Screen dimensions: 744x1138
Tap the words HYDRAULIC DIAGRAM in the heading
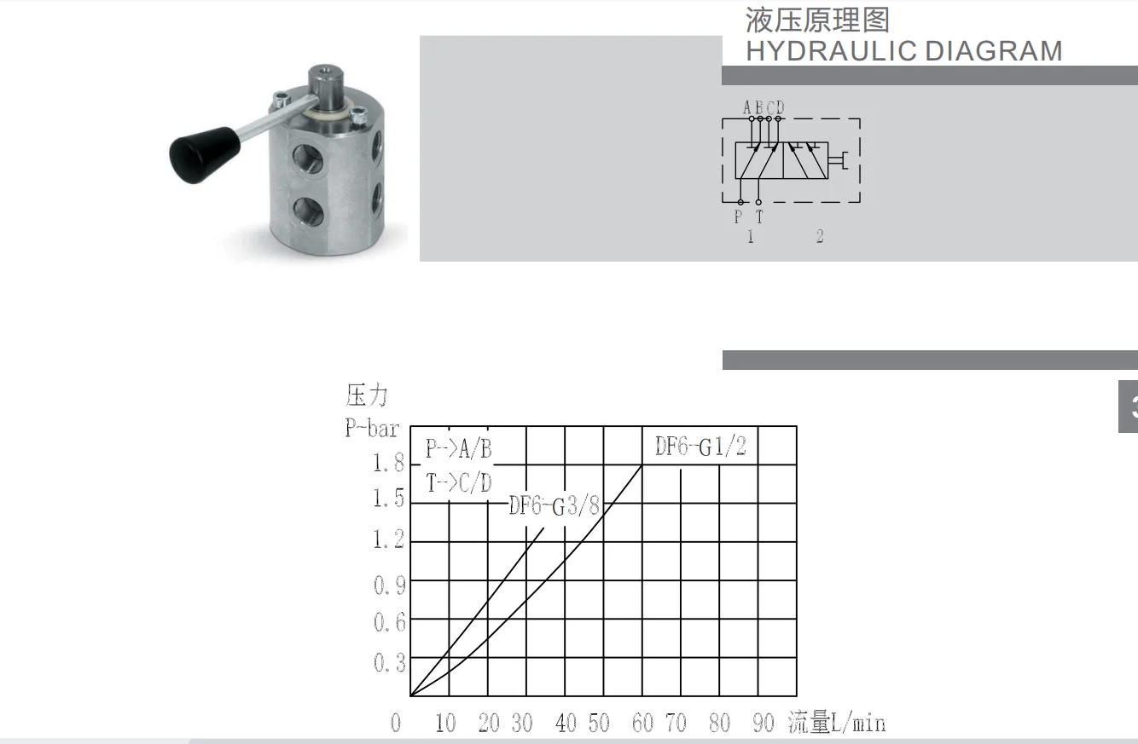[903, 51]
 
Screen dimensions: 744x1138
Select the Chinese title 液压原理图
[817, 19]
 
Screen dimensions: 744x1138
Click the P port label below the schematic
[739, 217]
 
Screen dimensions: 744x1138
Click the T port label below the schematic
[758, 217]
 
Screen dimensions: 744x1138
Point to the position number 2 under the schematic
[820, 237]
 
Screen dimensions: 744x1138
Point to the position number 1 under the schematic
[751, 237]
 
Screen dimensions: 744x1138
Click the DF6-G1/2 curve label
[700, 447]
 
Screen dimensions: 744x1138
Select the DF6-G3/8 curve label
[554, 505]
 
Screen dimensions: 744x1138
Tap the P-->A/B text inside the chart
[459, 449]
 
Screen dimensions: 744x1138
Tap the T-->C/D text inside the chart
[459, 483]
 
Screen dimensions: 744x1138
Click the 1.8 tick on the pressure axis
[388, 464]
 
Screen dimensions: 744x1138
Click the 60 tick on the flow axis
[642, 724]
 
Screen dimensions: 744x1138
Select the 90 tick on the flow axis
[763, 724]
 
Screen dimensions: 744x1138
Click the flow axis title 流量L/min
[836, 724]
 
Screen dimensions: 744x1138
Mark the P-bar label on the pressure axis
[371, 428]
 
